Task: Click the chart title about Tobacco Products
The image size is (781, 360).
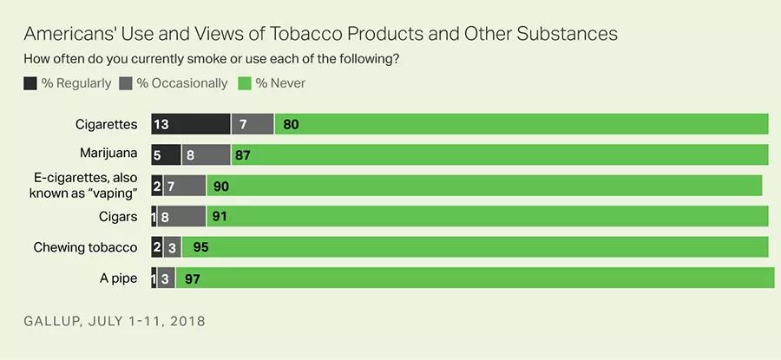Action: (x=320, y=34)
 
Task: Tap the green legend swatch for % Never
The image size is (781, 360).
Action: (x=244, y=83)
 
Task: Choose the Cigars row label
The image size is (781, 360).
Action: (x=117, y=216)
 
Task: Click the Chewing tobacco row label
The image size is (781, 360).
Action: (x=86, y=247)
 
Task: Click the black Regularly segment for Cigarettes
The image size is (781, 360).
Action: (x=191, y=124)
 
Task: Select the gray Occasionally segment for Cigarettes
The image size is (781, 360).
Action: (x=253, y=124)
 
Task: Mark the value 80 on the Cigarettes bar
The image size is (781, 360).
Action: (x=291, y=124)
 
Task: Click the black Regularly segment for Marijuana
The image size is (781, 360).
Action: (x=166, y=154)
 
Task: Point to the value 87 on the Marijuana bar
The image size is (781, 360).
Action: (x=242, y=154)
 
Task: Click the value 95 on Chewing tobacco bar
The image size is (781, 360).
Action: (x=200, y=247)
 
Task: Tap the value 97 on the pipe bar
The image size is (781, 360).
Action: (x=193, y=278)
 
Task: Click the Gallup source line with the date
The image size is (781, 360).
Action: (x=115, y=321)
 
